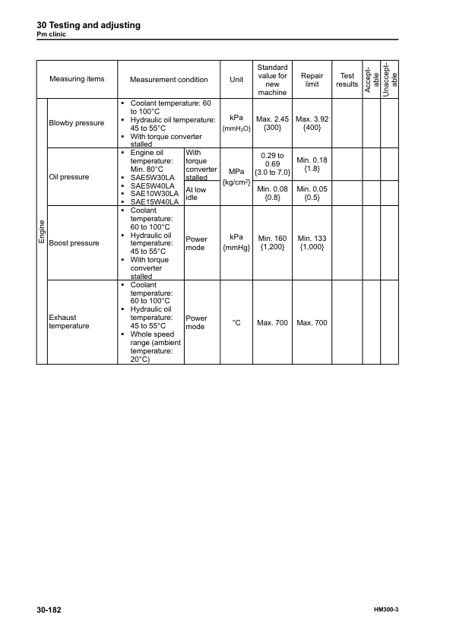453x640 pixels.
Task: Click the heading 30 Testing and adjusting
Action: tap(88, 25)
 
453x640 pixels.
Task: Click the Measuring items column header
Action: tap(77, 79)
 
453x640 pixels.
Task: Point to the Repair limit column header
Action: tap(312, 80)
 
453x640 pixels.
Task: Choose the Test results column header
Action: tap(347, 80)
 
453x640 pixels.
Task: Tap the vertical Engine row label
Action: tap(43, 230)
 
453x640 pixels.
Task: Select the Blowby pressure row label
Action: tap(77, 122)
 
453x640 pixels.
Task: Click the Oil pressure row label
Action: tap(68, 177)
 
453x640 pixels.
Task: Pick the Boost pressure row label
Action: tap(74, 243)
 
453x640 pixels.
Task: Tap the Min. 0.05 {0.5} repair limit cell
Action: tap(312, 193)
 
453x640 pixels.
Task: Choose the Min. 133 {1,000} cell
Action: tap(312, 243)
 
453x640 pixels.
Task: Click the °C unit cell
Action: tap(236, 323)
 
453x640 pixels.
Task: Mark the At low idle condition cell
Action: tap(195, 193)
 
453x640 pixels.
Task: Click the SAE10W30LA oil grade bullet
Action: tap(154, 194)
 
